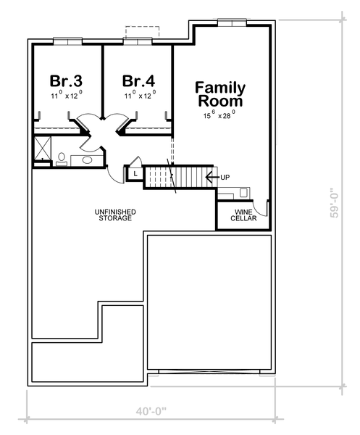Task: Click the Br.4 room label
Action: [138, 80]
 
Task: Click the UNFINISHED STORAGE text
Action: [115, 215]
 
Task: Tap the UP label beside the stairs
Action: [225, 176]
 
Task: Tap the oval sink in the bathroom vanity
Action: [88, 159]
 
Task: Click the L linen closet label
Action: [135, 173]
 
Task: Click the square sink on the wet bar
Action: [243, 193]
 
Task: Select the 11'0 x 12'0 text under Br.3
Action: [66, 95]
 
